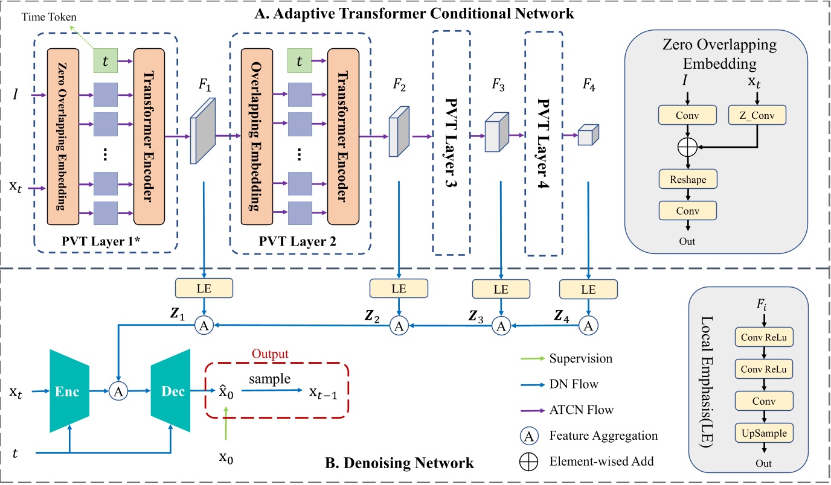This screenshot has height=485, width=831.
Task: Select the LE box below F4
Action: click(x=587, y=288)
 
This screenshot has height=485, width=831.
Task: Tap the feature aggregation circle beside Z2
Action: click(x=397, y=326)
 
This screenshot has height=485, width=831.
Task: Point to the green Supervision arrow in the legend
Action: click(x=531, y=358)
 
